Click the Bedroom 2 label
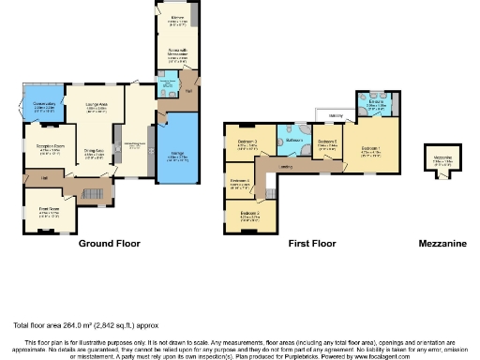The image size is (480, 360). point(249,214)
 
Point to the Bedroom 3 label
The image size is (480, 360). point(247,142)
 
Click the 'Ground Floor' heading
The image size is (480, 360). point(109,244)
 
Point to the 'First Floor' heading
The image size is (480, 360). point(311,244)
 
